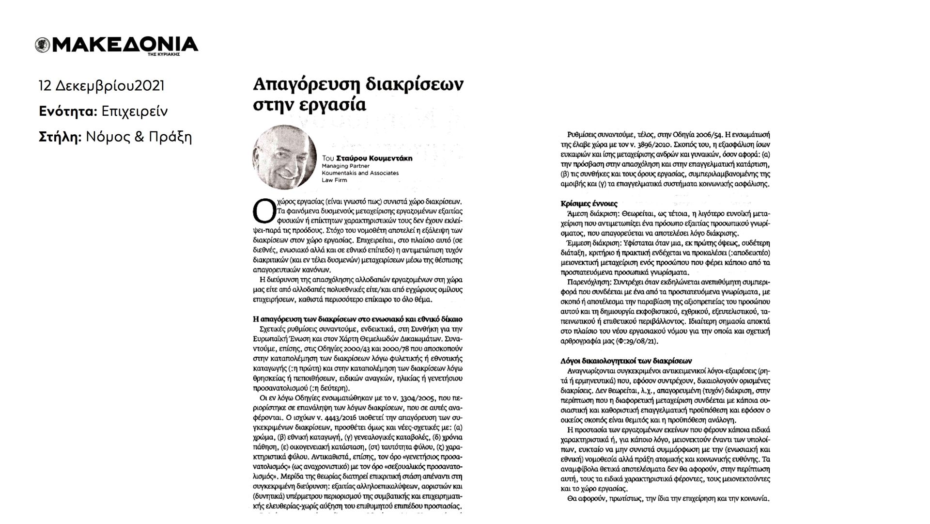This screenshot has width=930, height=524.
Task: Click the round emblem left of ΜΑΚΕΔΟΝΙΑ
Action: (x=42, y=45)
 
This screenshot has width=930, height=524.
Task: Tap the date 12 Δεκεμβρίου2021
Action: (x=102, y=86)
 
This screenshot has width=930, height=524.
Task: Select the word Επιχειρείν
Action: (x=135, y=111)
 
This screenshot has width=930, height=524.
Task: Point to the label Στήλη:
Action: (x=60, y=137)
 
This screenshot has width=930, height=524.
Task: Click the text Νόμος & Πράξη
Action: (x=139, y=137)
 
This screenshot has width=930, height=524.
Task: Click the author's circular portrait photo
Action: (x=284, y=157)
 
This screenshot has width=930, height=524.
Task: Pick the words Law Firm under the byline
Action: (x=334, y=180)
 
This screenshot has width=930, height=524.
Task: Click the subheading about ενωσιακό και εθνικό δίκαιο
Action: (x=358, y=319)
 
